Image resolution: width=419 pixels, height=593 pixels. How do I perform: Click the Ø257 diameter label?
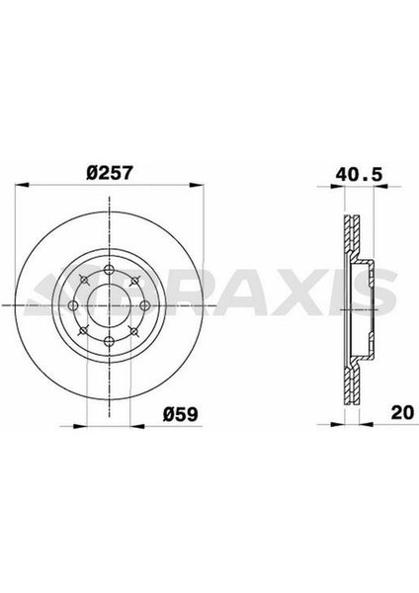click(110, 173)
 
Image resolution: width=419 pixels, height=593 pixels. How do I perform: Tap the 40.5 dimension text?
click(360, 175)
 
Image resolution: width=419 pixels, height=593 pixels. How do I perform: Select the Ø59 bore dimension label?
click(181, 414)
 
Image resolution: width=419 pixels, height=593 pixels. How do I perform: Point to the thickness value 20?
click(403, 412)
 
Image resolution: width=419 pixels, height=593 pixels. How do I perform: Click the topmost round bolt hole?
click(110, 270)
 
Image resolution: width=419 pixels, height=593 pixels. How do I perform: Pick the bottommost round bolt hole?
click(110, 341)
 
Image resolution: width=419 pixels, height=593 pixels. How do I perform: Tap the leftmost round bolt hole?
click(74, 305)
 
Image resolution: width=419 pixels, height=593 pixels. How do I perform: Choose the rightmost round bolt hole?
click(145, 305)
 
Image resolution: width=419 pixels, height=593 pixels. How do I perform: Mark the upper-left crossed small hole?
click(84, 281)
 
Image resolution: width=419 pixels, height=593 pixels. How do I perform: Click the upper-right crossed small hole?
click(134, 281)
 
